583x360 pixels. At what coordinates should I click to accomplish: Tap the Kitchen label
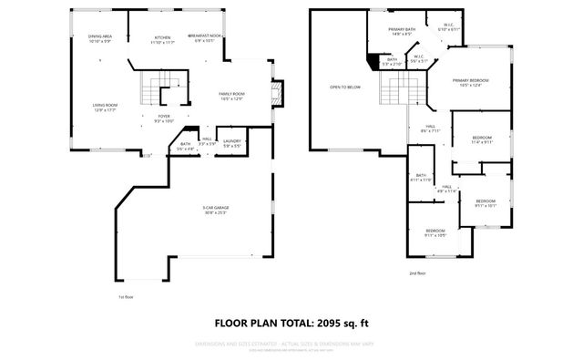(x=161, y=39)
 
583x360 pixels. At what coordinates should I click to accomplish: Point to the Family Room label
(x=231, y=96)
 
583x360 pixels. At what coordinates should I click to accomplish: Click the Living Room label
(x=106, y=108)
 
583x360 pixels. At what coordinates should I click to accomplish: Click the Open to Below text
(x=345, y=87)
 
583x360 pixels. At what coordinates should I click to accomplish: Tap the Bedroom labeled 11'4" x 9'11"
(x=481, y=139)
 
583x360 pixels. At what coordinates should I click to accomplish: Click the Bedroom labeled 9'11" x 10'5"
(x=435, y=232)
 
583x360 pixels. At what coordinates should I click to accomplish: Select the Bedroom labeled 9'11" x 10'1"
(x=485, y=202)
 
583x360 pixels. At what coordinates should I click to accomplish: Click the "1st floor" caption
(x=127, y=296)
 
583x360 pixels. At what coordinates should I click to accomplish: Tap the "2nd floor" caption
(x=417, y=272)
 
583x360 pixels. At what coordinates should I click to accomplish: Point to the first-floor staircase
(x=149, y=91)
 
